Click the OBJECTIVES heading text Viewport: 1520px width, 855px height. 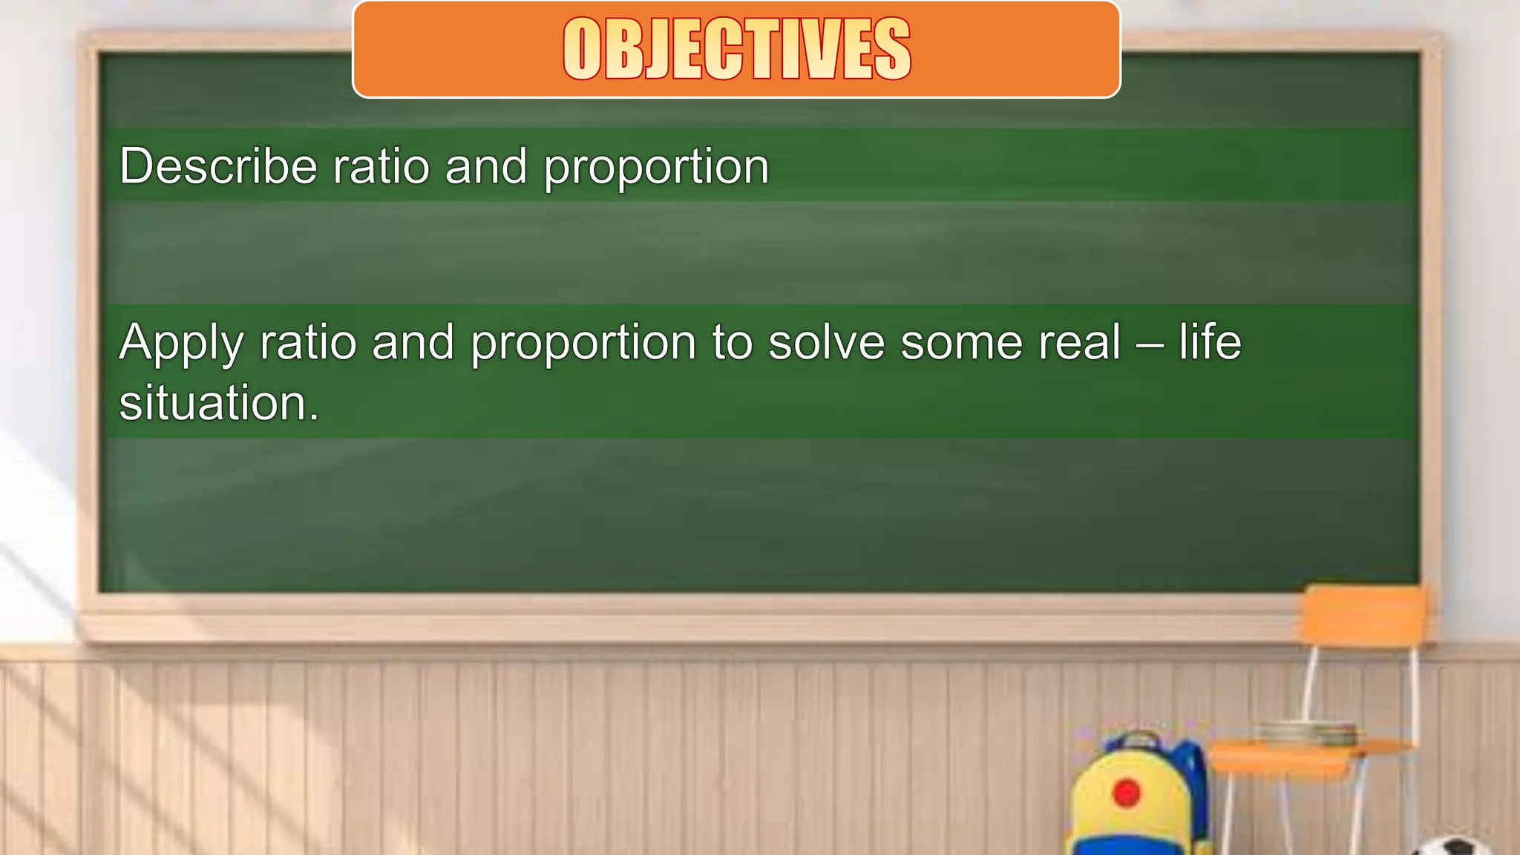[x=736, y=49]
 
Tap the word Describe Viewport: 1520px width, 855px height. [x=218, y=166]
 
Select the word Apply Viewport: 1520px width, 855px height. [x=181, y=344]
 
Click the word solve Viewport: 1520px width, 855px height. [x=826, y=342]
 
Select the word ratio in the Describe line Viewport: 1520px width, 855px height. [x=381, y=166]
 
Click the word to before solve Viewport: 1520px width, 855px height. [x=732, y=342]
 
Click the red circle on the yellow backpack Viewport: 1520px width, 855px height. [x=1126, y=793]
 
